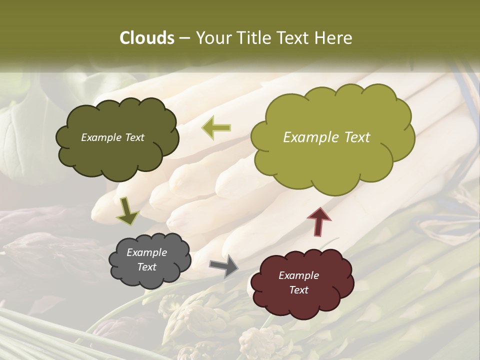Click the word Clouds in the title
tap(147, 38)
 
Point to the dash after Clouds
tap(184, 38)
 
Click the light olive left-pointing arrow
tap(216, 128)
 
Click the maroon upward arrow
tap(319, 221)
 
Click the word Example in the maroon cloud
tap(298, 275)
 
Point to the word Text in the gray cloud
tap(147, 267)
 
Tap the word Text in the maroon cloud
tap(298, 290)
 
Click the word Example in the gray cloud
tap(147, 252)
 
